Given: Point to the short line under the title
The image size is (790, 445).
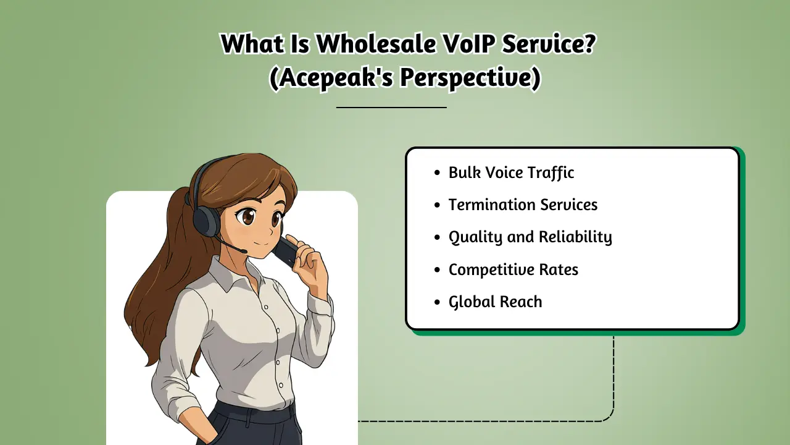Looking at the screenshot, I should tap(391, 107).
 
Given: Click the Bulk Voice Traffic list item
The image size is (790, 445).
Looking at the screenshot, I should tap(511, 172).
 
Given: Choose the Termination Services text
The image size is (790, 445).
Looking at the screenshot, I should tap(523, 205).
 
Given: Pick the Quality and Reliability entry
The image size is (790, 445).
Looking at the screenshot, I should tap(530, 237).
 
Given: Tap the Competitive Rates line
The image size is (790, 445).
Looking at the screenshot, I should tap(513, 269).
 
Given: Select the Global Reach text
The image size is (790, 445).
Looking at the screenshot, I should tap(495, 302).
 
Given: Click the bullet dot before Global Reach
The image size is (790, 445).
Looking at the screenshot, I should tap(438, 302).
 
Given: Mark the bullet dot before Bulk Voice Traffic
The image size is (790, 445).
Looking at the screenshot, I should tap(438, 173).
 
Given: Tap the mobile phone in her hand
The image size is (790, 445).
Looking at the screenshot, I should tap(286, 250).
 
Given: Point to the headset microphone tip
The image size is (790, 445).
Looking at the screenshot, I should tap(244, 250).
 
